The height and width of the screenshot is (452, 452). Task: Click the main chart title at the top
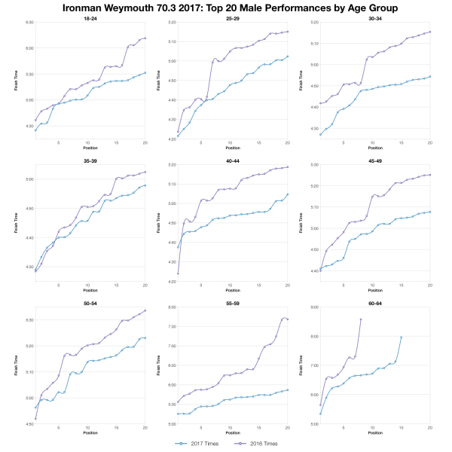point(226,8)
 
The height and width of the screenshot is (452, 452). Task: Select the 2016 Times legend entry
point(260,444)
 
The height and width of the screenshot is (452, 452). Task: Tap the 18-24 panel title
point(87,17)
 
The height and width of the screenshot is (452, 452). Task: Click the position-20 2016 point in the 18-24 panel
point(145,38)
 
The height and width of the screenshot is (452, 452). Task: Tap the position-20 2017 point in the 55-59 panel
point(287,389)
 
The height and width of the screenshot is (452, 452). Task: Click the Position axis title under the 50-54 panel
point(87,435)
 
